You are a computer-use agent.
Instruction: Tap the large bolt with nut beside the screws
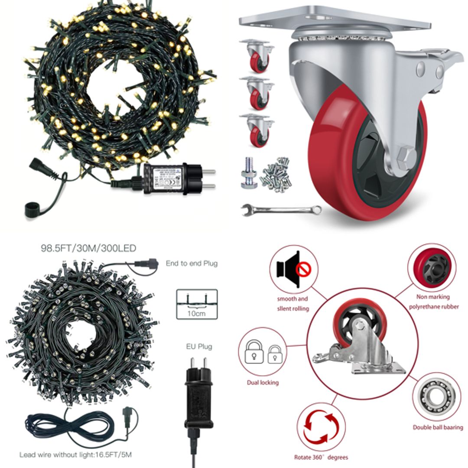tap(249, 173)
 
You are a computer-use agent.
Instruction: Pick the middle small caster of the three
tap(257, 93)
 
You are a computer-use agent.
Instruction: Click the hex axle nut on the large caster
tap(407, 155)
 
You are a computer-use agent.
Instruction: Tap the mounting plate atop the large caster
tap(334, 17)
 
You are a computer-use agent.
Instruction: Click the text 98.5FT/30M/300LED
tap(88, 248)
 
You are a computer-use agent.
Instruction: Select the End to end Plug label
tap(192, 263)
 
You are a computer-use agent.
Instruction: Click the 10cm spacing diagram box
tap(197, 304)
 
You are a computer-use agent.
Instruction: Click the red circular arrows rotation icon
tap(321, 427)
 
